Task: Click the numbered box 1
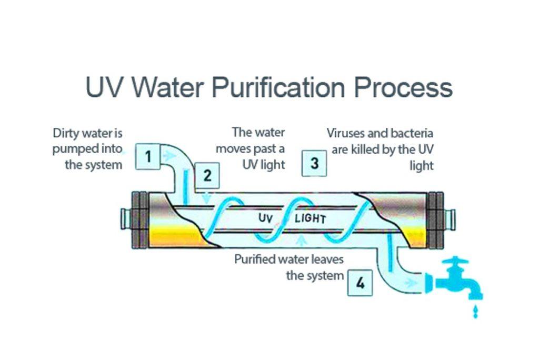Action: pyautogui.click(x=148, y=156)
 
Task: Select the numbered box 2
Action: pyautogui.click(x=207, y=175)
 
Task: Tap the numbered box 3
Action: pyautogui.click(x=314, y=163)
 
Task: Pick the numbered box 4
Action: pyautogui.click(x=360, y=283)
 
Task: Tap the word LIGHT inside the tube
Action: pyautogui.click(x=310, y=218)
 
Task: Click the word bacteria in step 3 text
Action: pyautogui.click(x=412, y=134)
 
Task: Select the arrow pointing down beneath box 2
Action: pyautogui.click(x=207, y=197)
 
